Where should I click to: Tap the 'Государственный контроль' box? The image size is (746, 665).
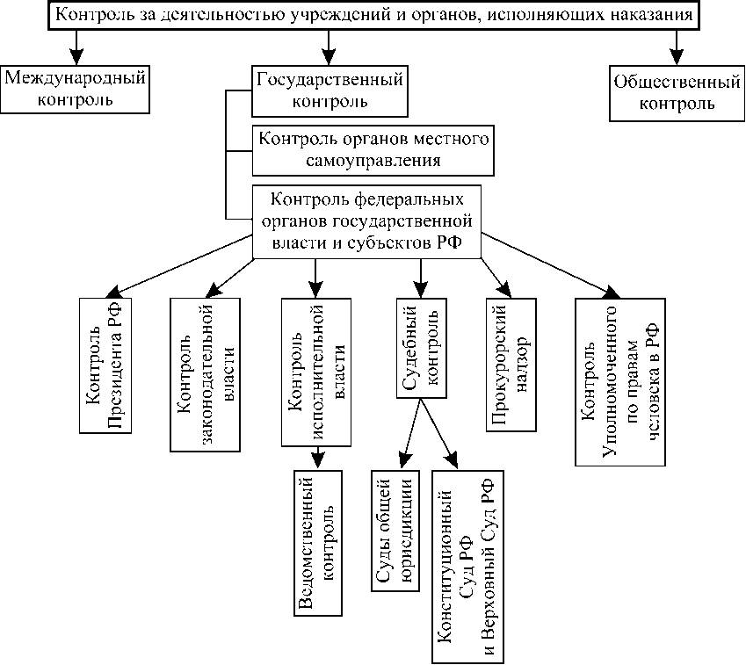pos(330,91)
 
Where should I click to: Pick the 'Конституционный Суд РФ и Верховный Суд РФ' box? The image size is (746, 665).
pos(470,565)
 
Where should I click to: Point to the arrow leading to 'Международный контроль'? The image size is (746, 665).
pos(77,46)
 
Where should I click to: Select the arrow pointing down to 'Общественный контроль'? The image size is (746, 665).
pos(677,46)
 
